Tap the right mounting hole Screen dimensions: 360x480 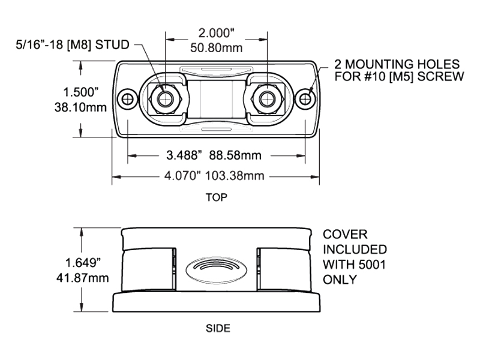click(306, 98)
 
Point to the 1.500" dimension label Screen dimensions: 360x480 click(80, 92)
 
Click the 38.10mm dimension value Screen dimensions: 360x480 click(80, 108)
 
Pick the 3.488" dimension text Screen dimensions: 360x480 click(182, 156)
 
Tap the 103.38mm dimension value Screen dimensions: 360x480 click(236, 176)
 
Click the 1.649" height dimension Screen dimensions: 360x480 click(82, 262)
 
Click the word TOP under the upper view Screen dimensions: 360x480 click(216, 197)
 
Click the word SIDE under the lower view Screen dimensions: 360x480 click(218, 328)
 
